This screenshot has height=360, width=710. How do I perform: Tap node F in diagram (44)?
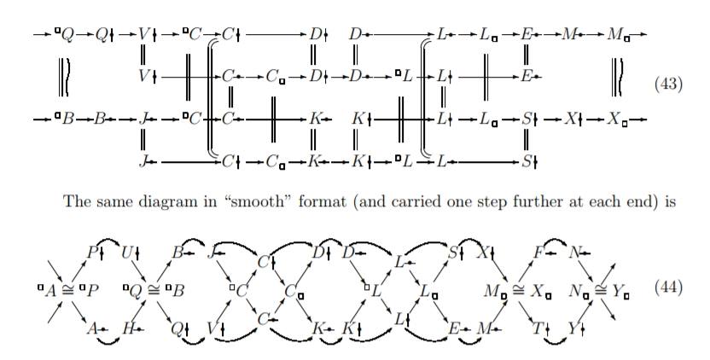point(538,252)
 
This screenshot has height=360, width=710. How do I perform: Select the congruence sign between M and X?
point(515,289)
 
